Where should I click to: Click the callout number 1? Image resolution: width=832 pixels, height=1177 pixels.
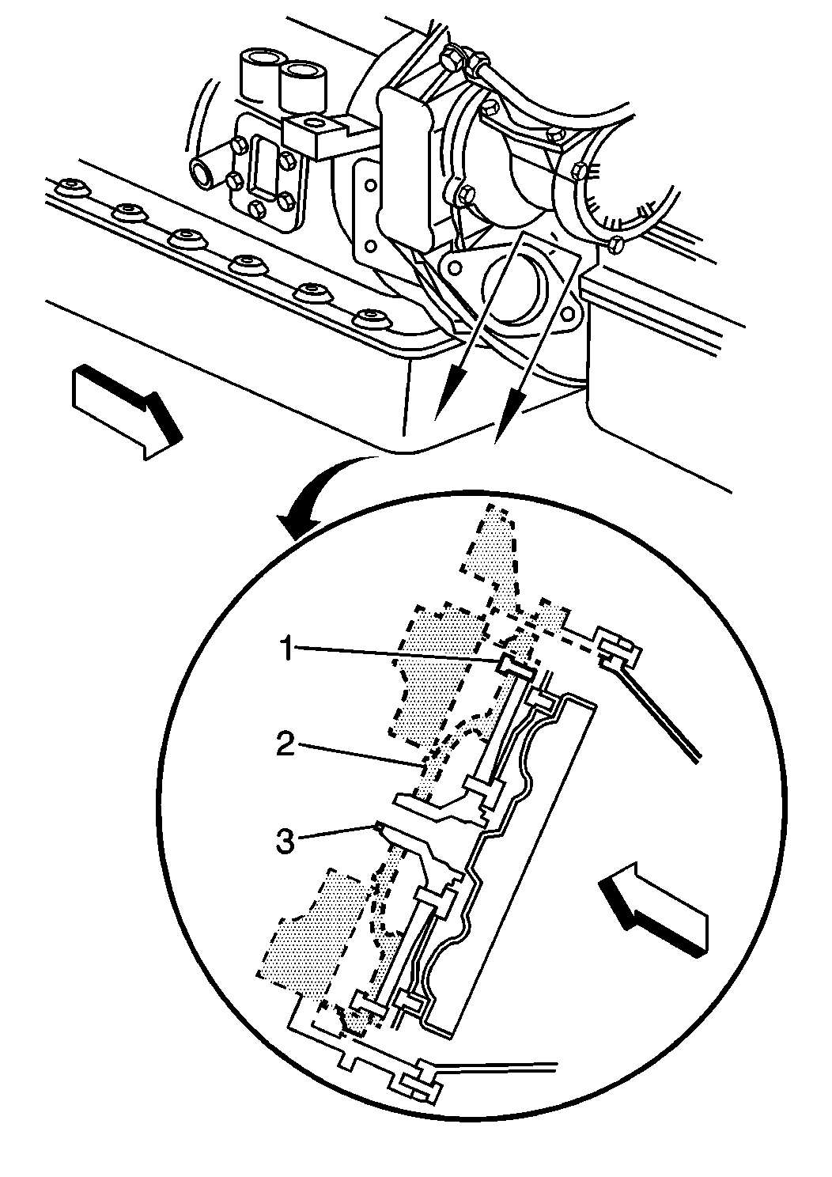coord(286,649)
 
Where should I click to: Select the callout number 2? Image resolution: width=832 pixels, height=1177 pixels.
coord(286,746)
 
